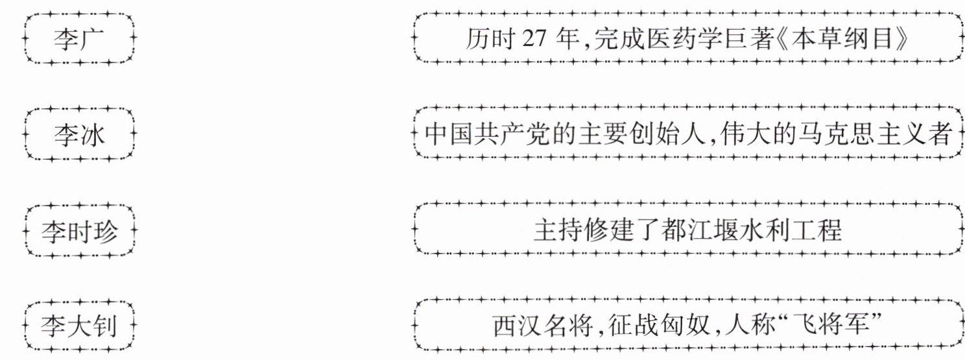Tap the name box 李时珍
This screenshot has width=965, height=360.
(79, 230)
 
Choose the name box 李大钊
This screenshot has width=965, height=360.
(79, 326)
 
